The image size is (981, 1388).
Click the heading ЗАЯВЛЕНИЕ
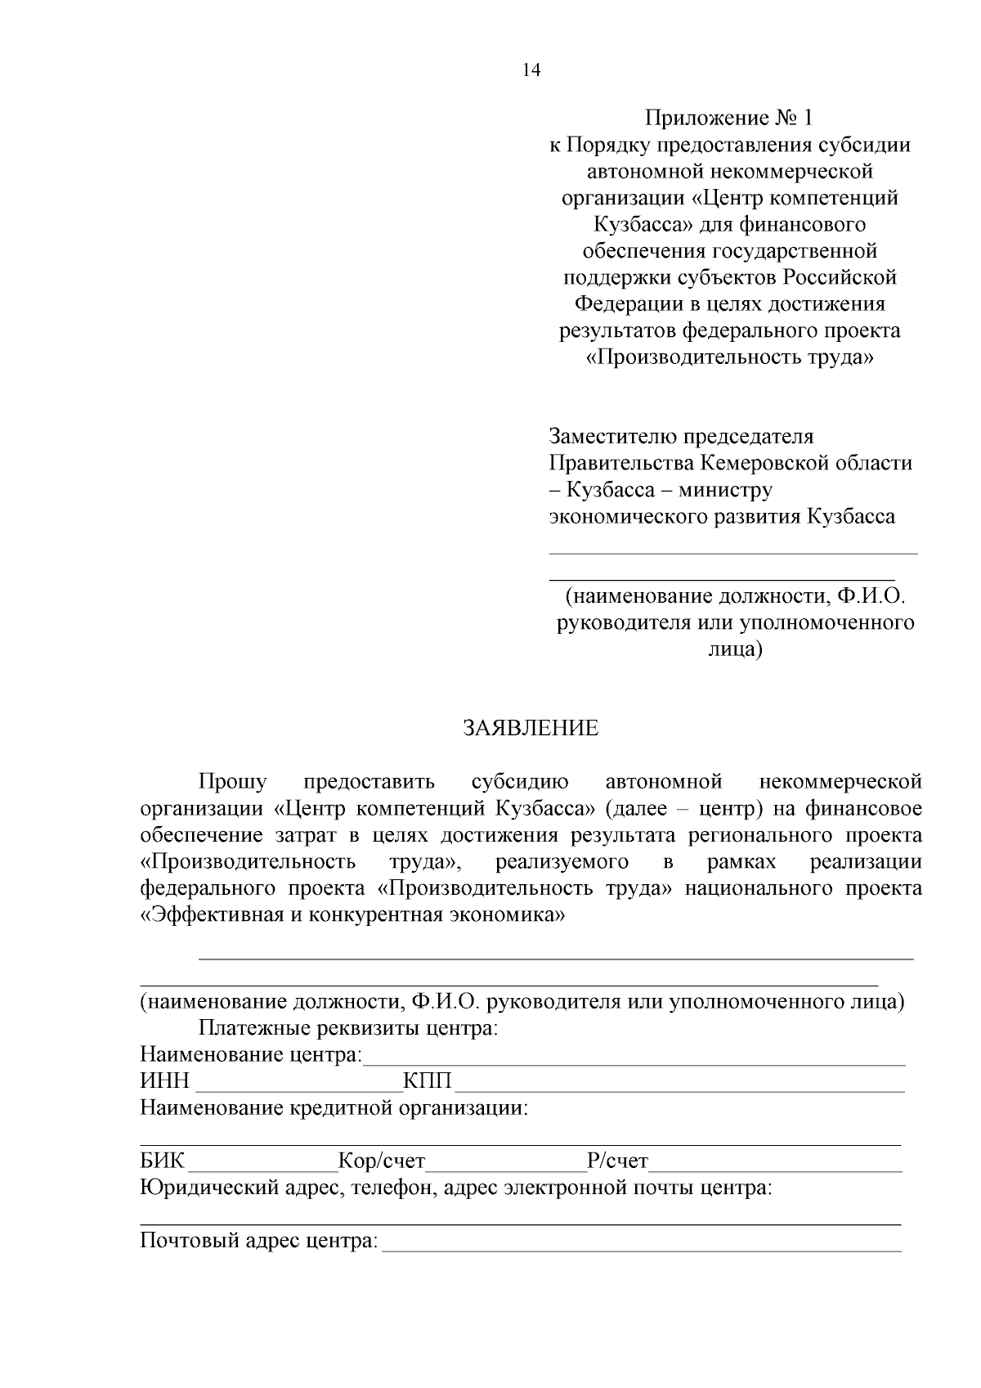coord(531,728)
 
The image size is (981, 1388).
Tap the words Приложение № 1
coord(729,118)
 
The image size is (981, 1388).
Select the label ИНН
coord(164,1081)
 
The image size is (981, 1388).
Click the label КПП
coord(428,1081)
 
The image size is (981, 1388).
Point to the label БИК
coord(163,1161)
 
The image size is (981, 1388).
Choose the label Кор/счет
coord(382,1161)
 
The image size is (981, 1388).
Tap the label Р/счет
coord(617,1161)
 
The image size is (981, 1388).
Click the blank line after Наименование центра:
coord(634,1062)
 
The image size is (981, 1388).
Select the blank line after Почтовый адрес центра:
coord(642,1248)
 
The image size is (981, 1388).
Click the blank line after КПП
coord(679,1089)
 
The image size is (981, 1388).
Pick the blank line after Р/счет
coord(775,1169)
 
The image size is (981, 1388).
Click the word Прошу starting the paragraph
coord(232,782)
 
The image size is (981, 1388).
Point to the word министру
coord(725,490)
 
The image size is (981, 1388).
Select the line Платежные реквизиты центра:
coord(348,1027)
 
